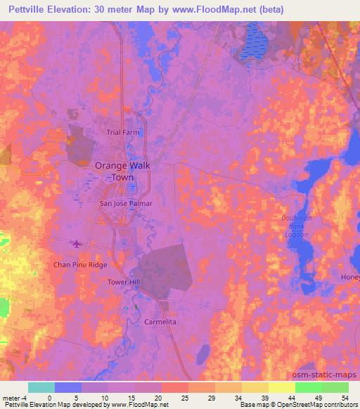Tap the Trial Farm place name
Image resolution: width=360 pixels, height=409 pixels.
pos(123,132)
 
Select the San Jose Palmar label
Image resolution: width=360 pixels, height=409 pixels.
pos(126,204)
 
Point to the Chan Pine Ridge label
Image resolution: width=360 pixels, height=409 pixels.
pos(81,265)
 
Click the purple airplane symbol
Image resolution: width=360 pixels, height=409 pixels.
pos(76,245)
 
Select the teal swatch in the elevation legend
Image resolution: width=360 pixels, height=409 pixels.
pos(41,387)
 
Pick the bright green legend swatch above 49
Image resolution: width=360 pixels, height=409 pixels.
pos(308,387)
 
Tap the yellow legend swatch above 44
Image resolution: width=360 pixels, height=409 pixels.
pos(281,387)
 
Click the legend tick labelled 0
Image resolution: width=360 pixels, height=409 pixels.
pos(49,398)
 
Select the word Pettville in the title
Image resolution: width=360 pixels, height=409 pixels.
pos(27,9)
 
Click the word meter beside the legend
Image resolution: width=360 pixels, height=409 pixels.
pos(11,398)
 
